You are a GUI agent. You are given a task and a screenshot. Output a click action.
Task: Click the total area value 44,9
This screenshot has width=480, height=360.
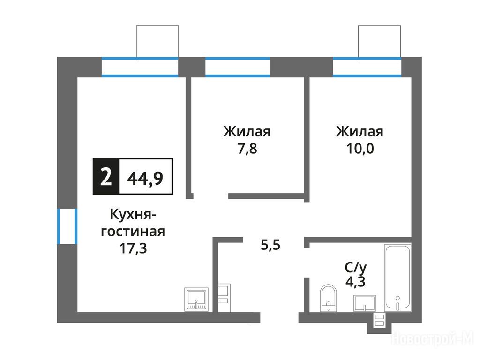(145, 178)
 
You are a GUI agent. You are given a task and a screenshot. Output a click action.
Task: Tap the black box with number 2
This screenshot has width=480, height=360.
(106, 177)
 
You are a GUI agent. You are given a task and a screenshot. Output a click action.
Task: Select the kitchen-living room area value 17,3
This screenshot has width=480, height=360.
(133, 248)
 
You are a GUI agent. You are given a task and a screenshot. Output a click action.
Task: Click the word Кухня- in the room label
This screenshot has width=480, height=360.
(133, 215)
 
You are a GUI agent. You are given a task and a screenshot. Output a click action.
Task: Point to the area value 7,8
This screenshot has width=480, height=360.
(247, 149)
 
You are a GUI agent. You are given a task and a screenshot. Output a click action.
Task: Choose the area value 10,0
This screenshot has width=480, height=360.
(360, 149)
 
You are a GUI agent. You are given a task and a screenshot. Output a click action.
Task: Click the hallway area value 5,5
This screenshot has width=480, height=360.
(270, 245)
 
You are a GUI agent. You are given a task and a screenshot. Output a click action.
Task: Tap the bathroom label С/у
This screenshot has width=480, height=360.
(356, 268)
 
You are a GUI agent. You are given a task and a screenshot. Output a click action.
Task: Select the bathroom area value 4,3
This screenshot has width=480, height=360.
(355, 282)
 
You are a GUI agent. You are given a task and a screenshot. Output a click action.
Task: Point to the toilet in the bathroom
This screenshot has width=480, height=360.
(328, 298)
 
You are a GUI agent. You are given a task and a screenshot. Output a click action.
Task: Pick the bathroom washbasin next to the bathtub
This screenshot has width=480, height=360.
(365, 303)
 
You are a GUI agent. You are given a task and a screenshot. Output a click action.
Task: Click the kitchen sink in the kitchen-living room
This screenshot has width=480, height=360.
(196, 300)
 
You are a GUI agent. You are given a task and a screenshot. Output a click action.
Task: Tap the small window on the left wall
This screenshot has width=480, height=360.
(67, 226)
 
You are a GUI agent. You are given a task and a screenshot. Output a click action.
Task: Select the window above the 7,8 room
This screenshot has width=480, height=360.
(238, 67)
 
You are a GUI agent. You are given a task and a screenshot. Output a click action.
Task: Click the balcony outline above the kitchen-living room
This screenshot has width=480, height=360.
(157, 26)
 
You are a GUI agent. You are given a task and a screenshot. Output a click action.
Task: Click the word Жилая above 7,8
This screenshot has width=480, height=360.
(247, 132)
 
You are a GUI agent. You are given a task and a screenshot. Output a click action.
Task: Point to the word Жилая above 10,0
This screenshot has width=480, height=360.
(360, 132)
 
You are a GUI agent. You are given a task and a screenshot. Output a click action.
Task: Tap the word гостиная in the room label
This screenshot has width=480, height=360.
(133, 232)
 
